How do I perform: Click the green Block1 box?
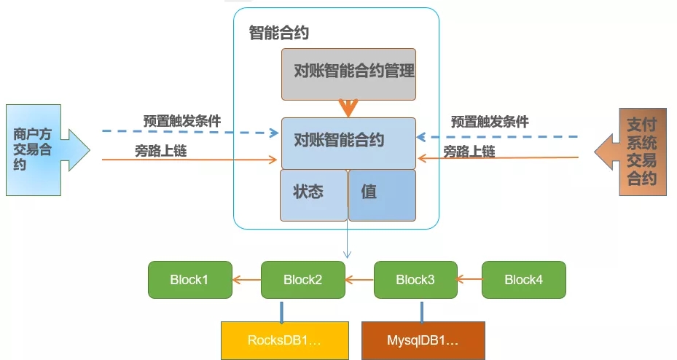pyautogui.click(x=189, y=280)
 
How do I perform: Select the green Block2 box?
pyautogui.click(x=302, y=280)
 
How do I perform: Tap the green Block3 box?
pyautogui.click(x=415, y=280)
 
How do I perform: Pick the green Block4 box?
pyautogui.click(x=523, y=280)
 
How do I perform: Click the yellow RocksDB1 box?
pyautogui.click(x=283, y=340)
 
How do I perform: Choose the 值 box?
pyautogui.click(x=382, y=195)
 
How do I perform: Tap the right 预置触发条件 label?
pyautogui.click(x=489, y=122)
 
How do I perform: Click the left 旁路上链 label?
pyautogui.click(x=161, y=150)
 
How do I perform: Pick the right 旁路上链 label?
pyautogui.click(x=469, y=152)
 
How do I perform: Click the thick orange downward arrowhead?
pyautogui.click(x=348, y=109)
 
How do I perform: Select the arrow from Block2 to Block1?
pyautogui.click(x=246, y=278)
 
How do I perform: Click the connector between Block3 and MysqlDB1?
pyautogui.click(x=420, y=310)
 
